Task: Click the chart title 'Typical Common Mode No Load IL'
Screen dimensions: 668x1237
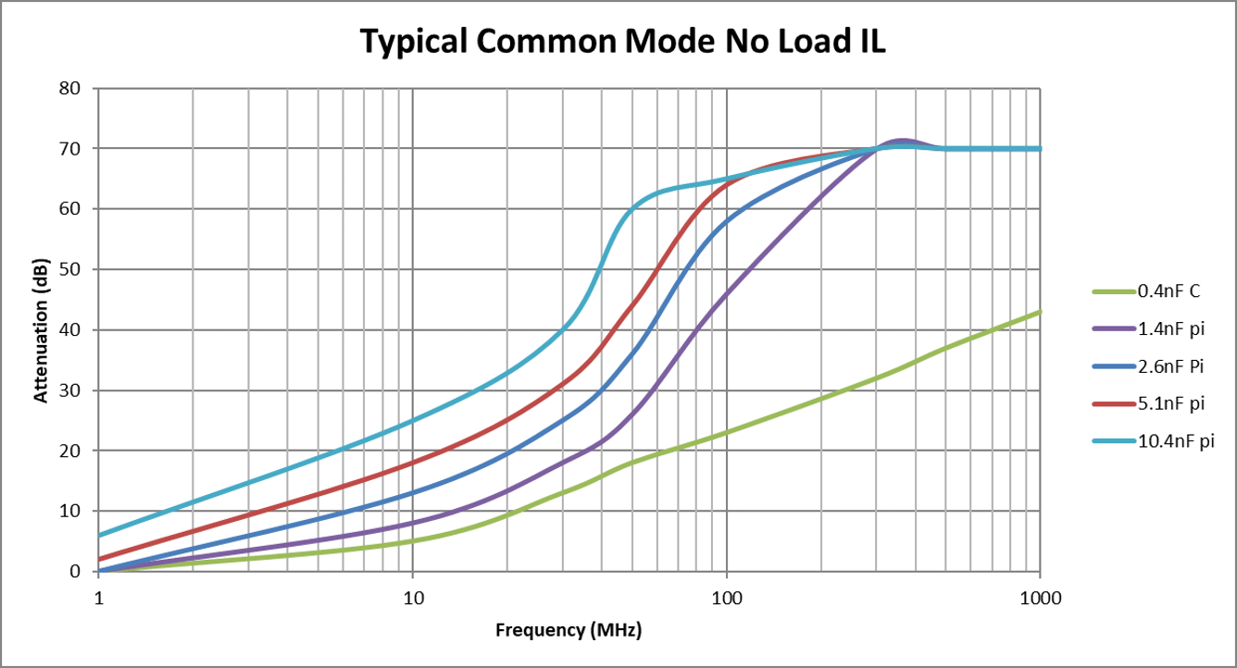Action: (x=622, y=42)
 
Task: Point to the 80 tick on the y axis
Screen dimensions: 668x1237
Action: (x=71, y=89)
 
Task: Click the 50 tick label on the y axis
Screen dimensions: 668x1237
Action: (x=71, y=270)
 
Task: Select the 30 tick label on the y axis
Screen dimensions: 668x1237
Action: (x=71, y=390)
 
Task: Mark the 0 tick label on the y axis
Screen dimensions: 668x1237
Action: (x=76, y=572)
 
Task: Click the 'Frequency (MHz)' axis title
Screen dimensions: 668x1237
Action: (x=569, y=631)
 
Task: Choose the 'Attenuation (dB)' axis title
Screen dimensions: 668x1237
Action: (x=41, y=329)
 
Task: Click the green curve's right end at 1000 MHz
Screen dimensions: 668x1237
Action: (x=1040, y=312)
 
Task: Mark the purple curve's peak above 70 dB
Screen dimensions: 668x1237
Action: (x=901, y=141)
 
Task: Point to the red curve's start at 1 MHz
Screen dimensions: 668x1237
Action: (x=99, y=559)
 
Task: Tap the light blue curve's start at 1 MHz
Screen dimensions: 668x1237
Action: (x=99, y=535)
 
